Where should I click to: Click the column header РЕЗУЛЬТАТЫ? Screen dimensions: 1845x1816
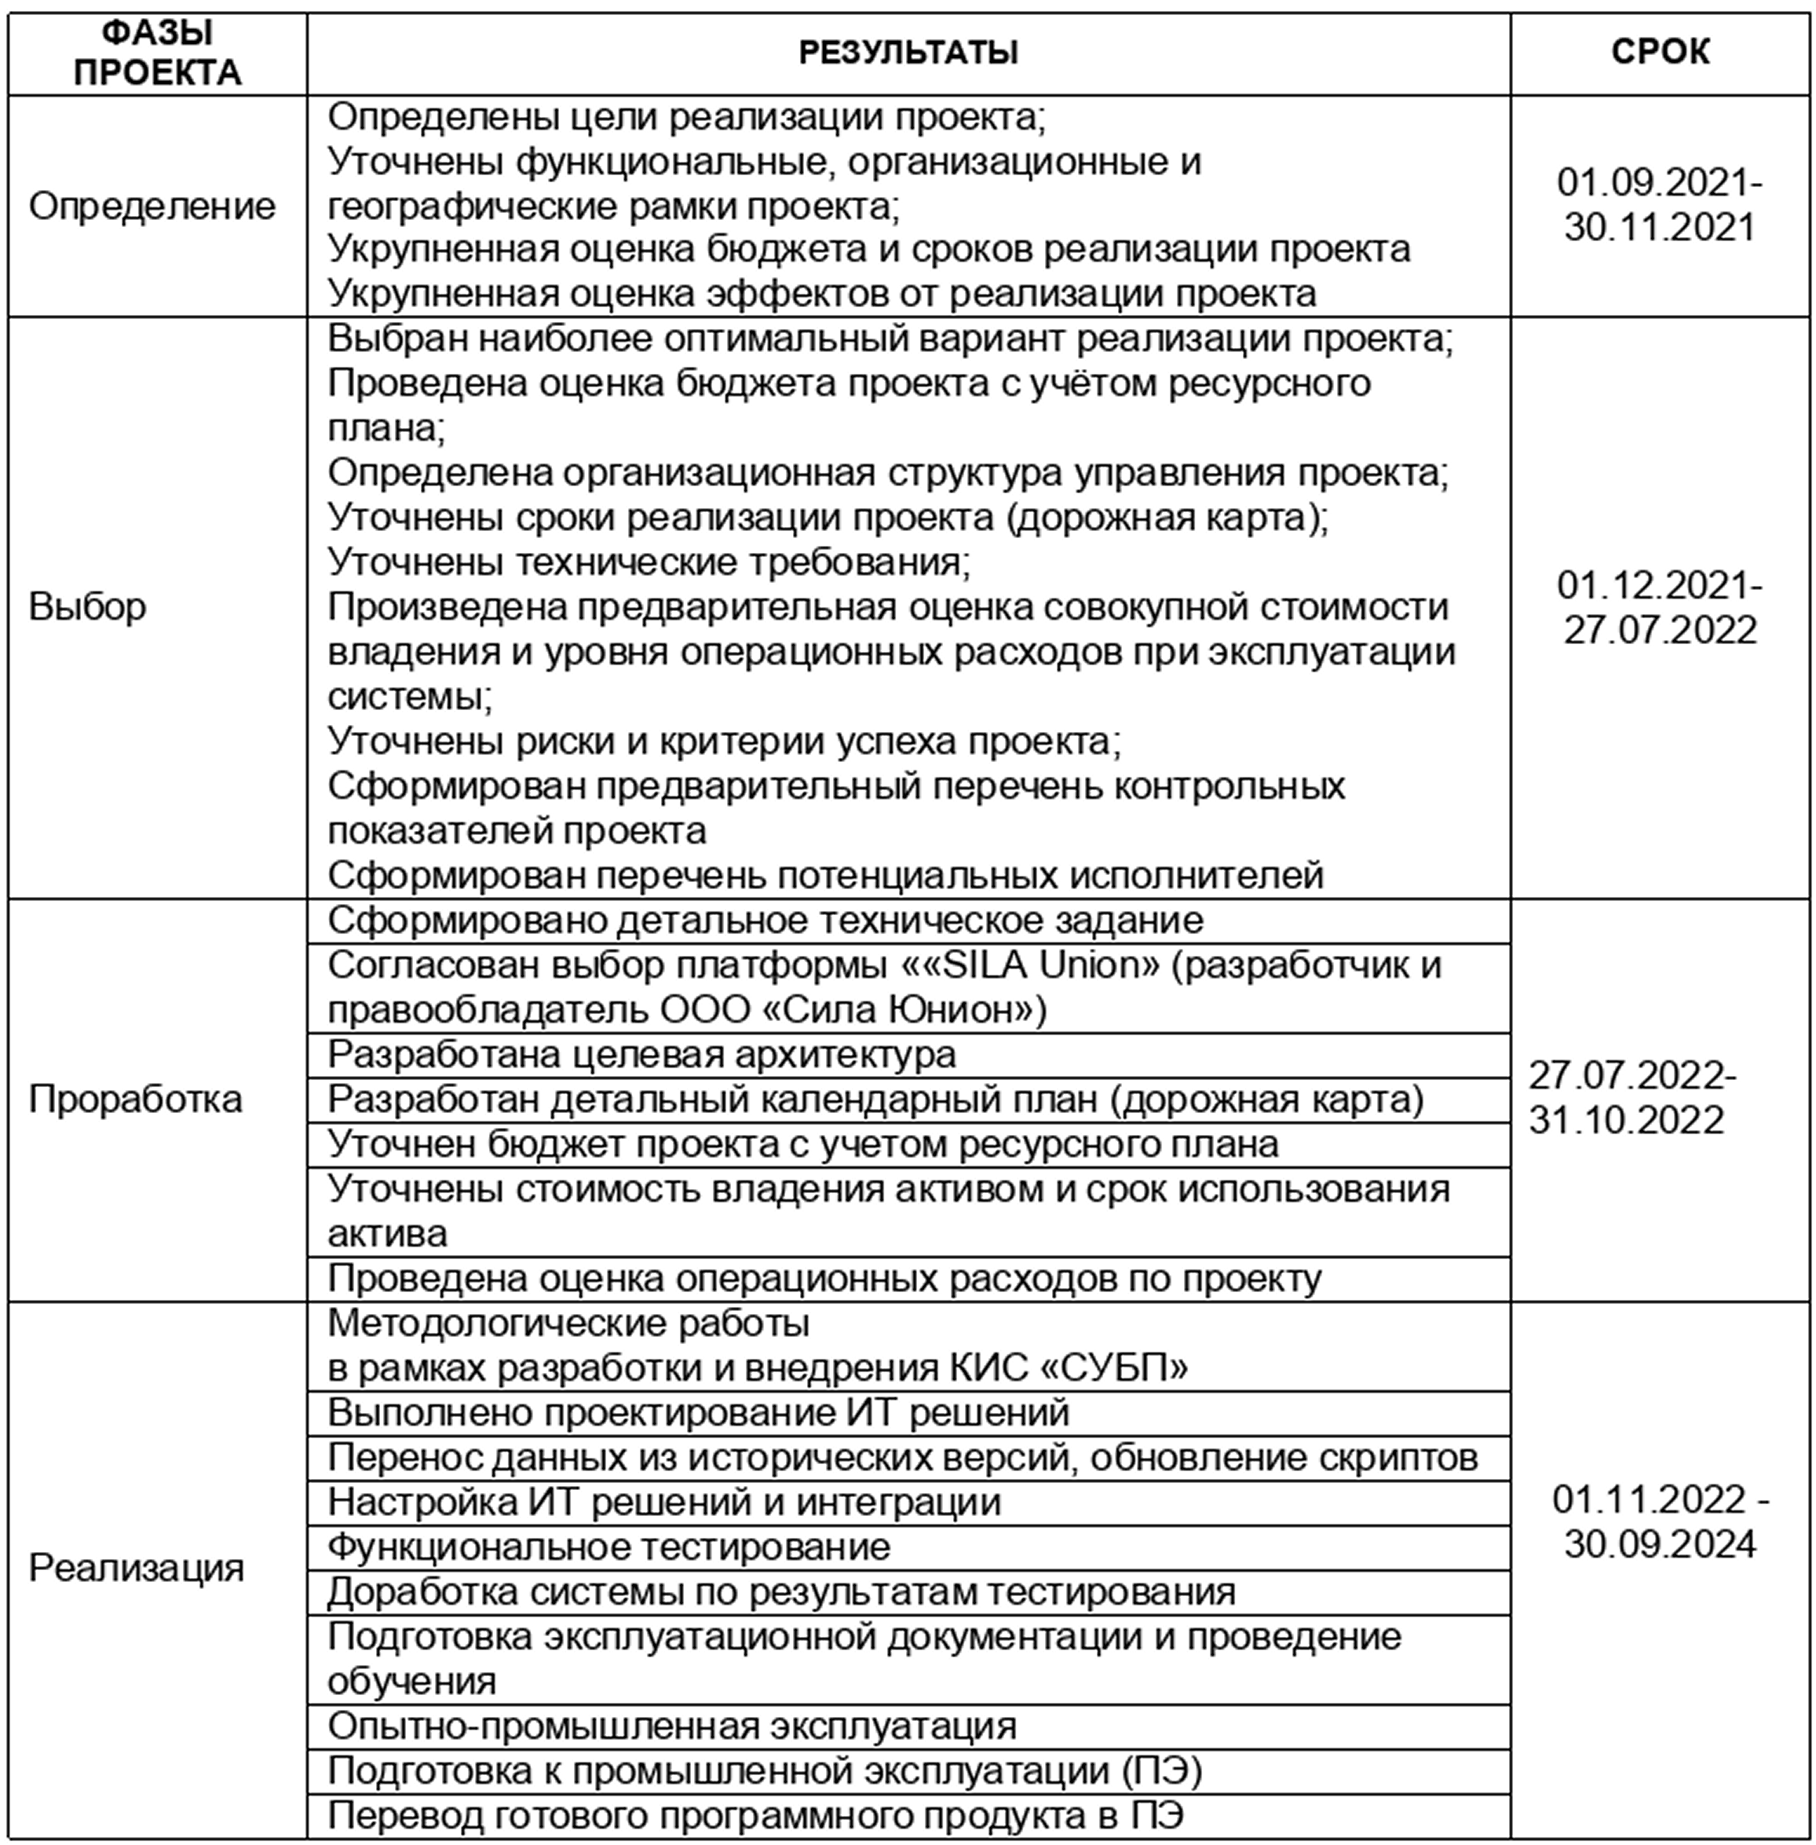pyautogui.click(x=907, y=53)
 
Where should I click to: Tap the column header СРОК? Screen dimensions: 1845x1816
pyautogui.click(x=1660, y=53)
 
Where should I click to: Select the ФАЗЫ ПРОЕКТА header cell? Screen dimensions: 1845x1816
pyautogui.click(x=157, y=53)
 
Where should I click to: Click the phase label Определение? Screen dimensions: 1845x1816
pyautogui.click(x=152, y=206)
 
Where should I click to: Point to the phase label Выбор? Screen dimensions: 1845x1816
pyautogui.click(x=88, y=606)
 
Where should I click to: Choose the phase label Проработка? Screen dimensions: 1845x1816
pyautogui.click(x=136, y=1099)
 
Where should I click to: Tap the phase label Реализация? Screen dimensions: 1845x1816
pyautogui.click(x=137, y=1569)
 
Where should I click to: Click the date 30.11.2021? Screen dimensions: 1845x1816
pyautogui.click(x=1660, y=228)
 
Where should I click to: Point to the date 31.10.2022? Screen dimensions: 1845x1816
pyautogui.click(x=1626, y=1120)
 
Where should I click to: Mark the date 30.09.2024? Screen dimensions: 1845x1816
pyautogui.click(x=1660, y=1543)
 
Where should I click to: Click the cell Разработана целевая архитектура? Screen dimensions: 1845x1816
pyautogui.click(x=641, y=1055)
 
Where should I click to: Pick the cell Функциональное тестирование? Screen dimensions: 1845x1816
pyautogui.click(x=608, y=1547)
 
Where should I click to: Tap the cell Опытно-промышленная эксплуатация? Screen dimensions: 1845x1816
pyautogui.click(x=671, y=1726)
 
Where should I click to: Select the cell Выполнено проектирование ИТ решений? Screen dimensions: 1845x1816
pyautogui.click(x=698, y=1412)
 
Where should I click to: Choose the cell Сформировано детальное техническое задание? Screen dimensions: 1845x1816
pyautogui.click(x=765, y=921)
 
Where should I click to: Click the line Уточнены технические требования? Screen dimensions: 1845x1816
pyautogui.click(x=649, y=562)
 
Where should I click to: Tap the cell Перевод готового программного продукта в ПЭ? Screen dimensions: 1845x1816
pyautogui.click(x=755, y=1814)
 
